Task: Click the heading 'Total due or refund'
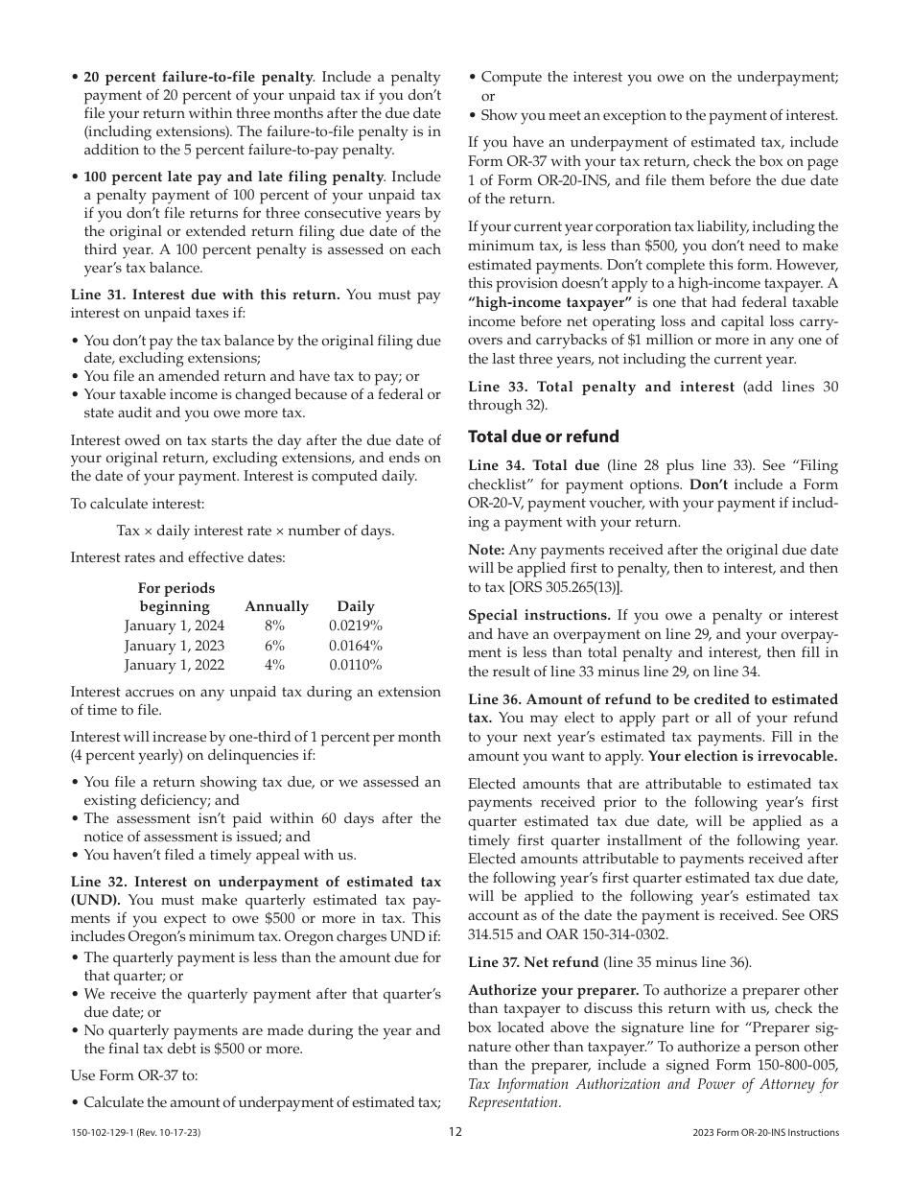click(x=543, y=437)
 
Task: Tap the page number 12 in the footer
click(x=455, y=1132)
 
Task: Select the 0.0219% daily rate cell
click(x=355, y=625)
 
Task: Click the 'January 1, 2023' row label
click(x=175, y=646)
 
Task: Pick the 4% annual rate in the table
click(x=275, y=665)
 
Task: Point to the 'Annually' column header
click(x=276, y=606)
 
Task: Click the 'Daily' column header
click(x=356, y=606)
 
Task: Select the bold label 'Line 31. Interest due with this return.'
click(x=205, y=295)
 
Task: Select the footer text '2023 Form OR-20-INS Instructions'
click(x=765, y=1133)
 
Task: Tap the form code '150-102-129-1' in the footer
click(x=105, y=1133)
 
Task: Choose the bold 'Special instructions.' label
click(x=539, y=615)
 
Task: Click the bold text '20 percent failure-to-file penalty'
click(x=199, y=77)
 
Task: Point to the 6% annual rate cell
click(x=275, y=646)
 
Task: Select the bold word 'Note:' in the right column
click(x=486, y=550)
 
